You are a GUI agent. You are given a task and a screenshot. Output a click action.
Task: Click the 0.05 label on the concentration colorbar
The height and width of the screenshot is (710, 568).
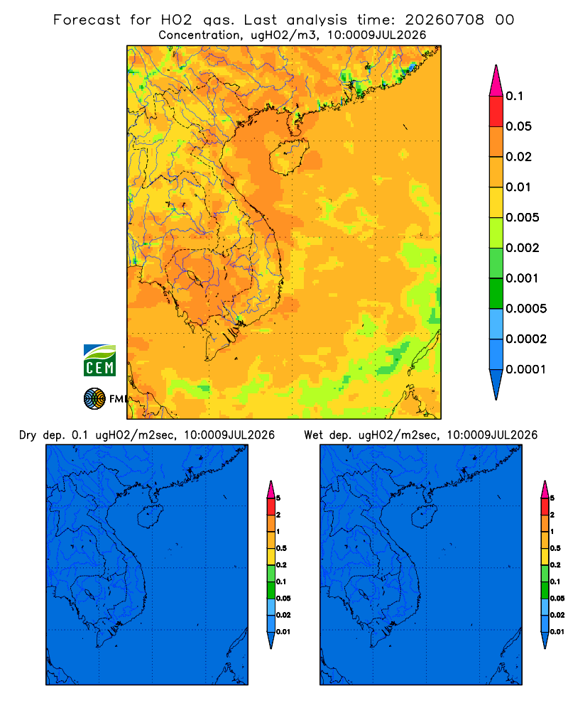(518, 126)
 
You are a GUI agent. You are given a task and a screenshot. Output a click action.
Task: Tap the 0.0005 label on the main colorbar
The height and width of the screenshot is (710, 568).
(526, 309)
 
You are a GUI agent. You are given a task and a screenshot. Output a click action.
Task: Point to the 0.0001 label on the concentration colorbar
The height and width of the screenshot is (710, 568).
(526, 369)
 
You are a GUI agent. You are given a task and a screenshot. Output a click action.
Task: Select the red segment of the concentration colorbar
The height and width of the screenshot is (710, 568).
(496, 111)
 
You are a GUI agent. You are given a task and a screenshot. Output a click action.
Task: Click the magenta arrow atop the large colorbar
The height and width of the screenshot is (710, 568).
(496, 81)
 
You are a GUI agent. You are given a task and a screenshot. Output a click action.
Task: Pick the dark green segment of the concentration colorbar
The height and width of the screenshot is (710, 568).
(496, 293)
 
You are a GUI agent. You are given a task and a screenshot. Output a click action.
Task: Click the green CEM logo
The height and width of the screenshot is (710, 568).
(99, 361)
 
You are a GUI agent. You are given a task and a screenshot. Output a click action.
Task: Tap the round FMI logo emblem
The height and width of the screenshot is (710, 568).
(94, 399)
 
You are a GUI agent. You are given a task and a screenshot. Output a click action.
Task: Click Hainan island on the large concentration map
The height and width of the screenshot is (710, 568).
(289, 156)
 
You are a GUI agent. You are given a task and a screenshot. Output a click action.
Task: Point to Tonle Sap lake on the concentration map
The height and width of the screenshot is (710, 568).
(193, 277)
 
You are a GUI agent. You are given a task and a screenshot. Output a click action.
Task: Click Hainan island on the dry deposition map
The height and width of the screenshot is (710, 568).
(151, 517)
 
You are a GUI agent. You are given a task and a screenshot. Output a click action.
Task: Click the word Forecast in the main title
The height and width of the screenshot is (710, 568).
(87, 20)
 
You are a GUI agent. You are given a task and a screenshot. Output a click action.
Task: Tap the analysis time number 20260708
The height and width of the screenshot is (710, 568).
(444, 20)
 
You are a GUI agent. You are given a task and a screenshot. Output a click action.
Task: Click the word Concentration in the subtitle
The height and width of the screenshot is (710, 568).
(200, 35)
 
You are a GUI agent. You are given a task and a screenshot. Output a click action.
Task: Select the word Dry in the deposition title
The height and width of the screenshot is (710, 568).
(28, 435)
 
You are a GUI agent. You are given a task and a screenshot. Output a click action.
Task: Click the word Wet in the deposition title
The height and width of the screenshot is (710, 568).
(313, 435)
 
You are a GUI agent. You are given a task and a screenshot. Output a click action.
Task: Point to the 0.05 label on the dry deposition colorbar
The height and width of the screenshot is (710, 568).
(283, 598)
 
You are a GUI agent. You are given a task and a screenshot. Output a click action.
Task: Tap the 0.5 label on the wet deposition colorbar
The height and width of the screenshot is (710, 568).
(555, 548)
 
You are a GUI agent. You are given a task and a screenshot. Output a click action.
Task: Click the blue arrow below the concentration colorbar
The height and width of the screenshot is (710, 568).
(496, 385)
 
